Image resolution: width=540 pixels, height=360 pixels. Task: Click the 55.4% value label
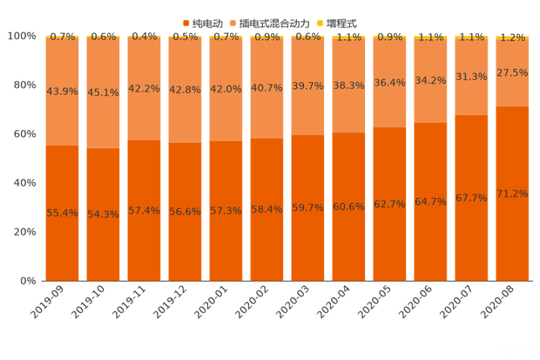(62, 213)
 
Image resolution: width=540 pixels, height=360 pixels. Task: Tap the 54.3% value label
(103, 214)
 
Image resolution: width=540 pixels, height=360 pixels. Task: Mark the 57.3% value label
(226, 211)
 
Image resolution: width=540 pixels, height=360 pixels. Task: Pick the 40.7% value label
(267, 88)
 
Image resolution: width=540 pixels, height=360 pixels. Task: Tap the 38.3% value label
(348, 85)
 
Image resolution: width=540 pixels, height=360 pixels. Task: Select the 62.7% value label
(389, 204)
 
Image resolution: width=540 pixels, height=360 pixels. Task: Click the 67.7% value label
(471, 198)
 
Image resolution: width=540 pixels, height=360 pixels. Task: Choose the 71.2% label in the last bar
(512, 194)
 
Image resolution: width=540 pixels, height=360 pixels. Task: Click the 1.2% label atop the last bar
(512, 37)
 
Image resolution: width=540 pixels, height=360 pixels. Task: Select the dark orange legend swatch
(186, 22)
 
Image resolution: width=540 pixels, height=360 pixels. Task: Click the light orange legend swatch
(233, 22)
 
